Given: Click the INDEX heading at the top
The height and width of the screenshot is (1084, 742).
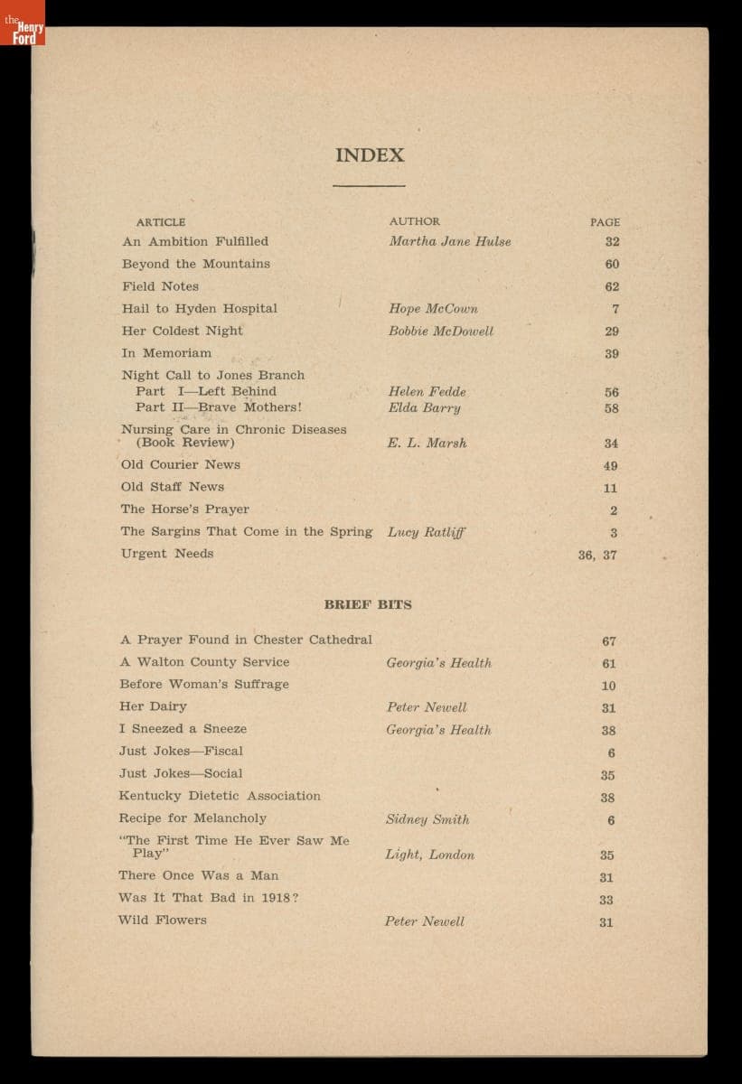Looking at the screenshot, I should click(370, 155).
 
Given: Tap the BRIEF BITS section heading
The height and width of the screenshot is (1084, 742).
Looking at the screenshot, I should click(368, 604).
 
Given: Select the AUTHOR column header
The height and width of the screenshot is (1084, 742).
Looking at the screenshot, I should click(415, 221).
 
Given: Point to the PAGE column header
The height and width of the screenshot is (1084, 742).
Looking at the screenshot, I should click(605, 222).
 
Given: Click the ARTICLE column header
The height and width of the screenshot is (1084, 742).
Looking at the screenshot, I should click(161, 222).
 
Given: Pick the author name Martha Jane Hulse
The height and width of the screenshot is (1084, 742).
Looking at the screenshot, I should click(449, 241).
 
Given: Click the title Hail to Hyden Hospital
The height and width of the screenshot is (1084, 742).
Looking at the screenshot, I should click(200, 308).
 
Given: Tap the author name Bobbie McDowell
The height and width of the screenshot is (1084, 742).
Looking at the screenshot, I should click(441, 331).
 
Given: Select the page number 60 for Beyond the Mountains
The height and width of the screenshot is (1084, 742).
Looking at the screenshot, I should click(612, 265).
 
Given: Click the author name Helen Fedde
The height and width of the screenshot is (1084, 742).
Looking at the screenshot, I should click(427, 391).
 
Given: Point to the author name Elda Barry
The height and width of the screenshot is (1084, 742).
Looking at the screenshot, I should click(424, 407).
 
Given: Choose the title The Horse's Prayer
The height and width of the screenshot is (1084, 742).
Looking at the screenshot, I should click(184, 509).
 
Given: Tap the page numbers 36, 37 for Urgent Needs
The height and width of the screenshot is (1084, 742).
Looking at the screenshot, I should click(597, 555).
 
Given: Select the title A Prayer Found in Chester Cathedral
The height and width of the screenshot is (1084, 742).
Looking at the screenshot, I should click(246, 640).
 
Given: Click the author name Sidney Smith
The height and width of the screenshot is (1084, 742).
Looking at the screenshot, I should click(427, 819).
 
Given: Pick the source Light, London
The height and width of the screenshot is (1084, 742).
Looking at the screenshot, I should click(429, 855).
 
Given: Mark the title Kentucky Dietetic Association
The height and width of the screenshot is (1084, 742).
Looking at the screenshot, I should click(220, 796).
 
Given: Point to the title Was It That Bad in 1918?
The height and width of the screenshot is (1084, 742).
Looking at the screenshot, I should click(208, 898).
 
